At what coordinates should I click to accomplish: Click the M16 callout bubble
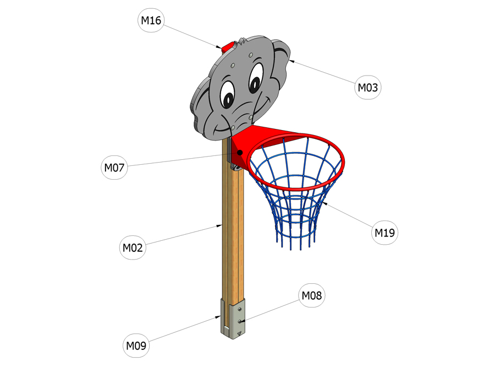151,20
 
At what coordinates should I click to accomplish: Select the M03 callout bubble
368,87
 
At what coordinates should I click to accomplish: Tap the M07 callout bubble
114,168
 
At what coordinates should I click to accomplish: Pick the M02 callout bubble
133,247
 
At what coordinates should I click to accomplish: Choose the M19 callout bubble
384,233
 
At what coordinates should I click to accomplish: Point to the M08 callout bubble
312,295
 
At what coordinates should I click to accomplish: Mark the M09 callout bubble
136,346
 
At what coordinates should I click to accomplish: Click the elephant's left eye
228,95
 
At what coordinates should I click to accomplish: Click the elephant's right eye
256,78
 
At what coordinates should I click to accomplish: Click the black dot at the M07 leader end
240,153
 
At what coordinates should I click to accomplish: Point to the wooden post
233,222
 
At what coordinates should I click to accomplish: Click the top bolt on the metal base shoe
240,309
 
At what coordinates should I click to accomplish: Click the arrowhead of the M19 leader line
324,203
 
